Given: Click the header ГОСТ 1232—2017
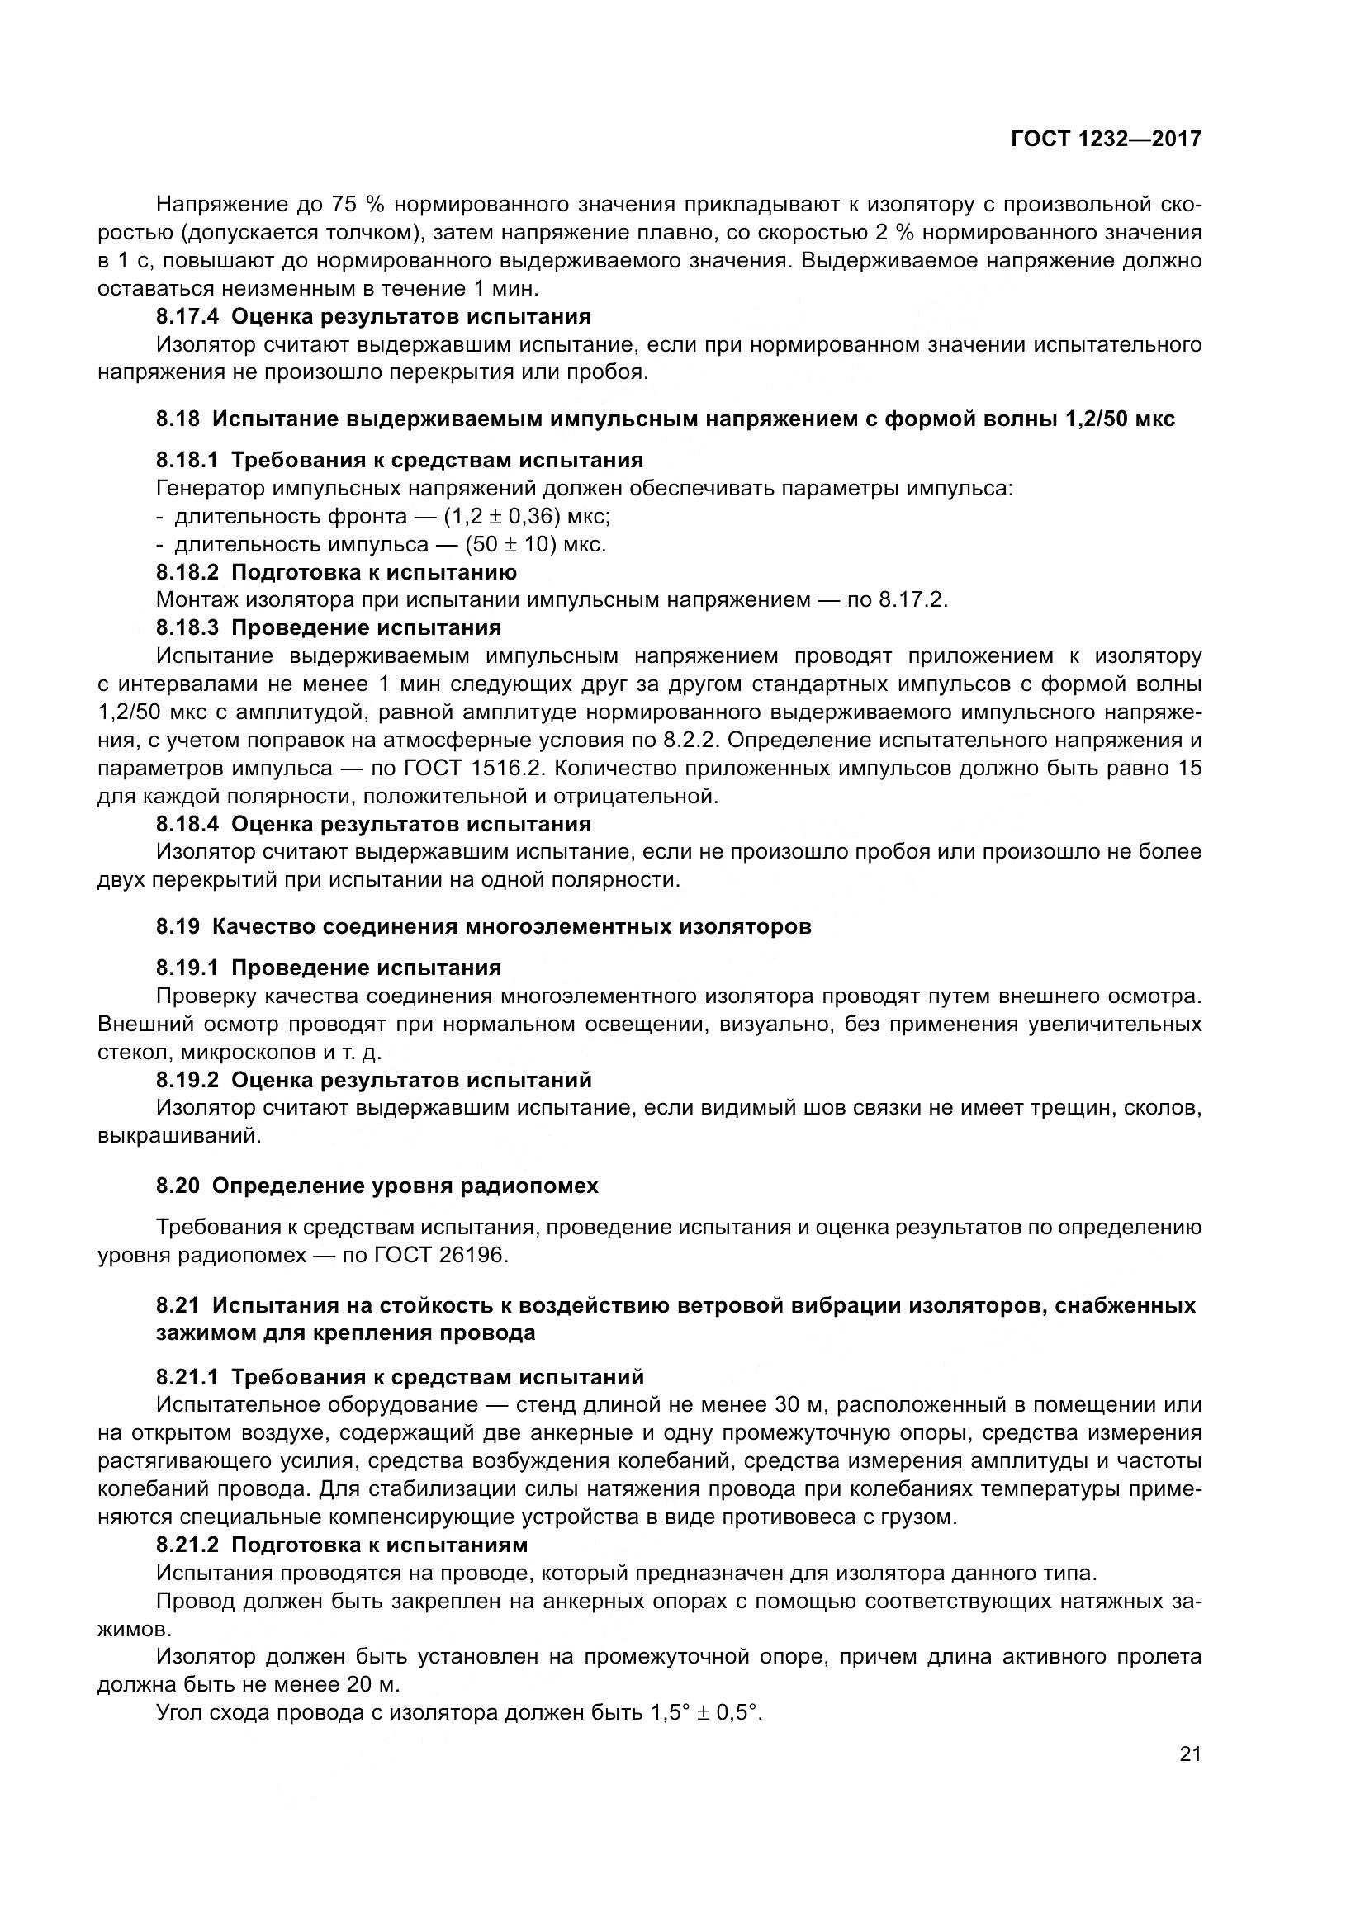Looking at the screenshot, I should [1105, 139].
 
